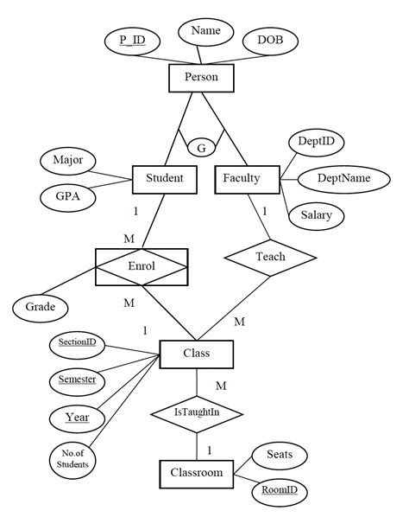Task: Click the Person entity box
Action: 201,79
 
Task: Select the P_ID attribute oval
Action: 131,40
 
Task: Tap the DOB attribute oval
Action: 270,40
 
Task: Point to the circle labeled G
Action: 201,148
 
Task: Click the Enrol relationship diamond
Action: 141,266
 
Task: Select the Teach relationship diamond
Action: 270,257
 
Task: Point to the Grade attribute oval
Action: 40,306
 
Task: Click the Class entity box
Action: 196,353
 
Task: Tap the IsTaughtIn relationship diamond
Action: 198,412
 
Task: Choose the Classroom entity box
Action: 196,473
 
